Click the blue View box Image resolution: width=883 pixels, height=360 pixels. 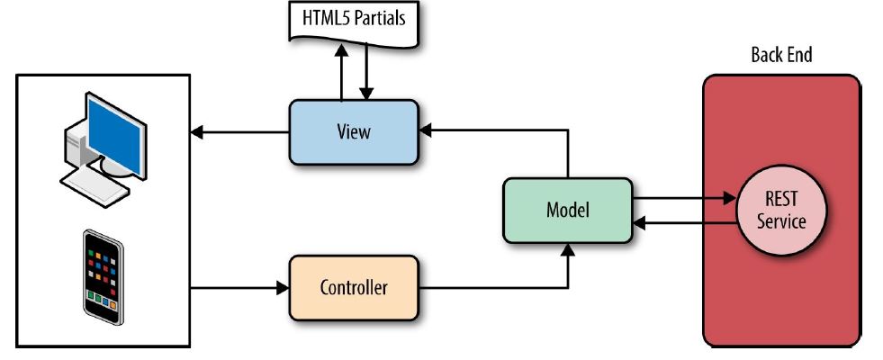[x=354, y=132]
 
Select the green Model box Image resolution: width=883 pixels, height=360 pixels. [x=567, y=211]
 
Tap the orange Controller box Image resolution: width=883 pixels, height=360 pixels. [x=354, y=288]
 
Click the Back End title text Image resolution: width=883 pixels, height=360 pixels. [x=781, y=56]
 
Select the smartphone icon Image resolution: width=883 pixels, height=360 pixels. [x=102, y=276]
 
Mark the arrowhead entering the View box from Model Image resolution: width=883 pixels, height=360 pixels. [x=425, y=132]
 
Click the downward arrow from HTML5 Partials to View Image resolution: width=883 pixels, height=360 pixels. [x=366, y=76]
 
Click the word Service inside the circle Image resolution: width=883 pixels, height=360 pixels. [x=781, y=220]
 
